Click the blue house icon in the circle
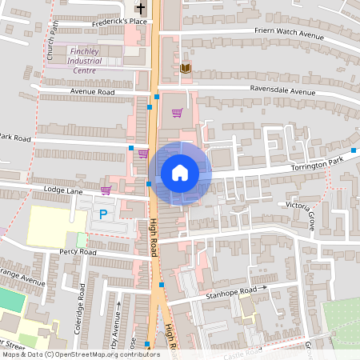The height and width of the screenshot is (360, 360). [180, 173]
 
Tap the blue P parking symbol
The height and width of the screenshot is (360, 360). [102, 214]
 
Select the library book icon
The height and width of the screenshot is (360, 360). [186, 68]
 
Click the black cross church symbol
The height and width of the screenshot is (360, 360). [141, 8]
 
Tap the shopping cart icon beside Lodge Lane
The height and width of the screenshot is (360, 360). [106, 190]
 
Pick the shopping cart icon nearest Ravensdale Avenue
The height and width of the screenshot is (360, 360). [177, 112]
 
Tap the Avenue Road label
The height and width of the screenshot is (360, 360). [93, 92]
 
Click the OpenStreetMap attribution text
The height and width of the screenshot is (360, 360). [80, 354]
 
